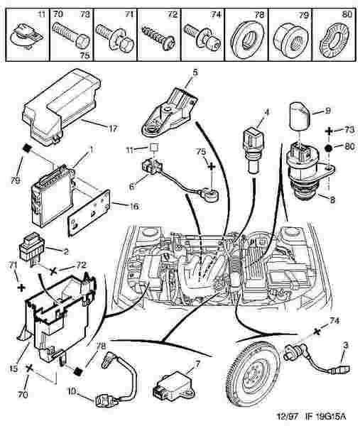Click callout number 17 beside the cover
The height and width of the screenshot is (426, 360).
click(x=113, y=128)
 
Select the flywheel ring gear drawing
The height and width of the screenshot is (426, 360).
click(x=253, y=373)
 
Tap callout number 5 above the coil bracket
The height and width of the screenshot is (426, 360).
click(x=195, y=72)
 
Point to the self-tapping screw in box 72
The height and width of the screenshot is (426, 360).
click(x=158, y=38)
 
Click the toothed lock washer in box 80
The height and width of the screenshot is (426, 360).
click(x=335, y=39)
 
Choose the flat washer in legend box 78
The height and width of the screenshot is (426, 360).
click(x=246, y=39)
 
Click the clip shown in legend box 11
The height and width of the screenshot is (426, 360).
click(x=26, y=35)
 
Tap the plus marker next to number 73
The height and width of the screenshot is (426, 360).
click(x=329, y=131)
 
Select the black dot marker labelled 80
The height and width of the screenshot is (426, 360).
click(x=329, y=148)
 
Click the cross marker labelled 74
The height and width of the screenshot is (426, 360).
click(x=316, y=332)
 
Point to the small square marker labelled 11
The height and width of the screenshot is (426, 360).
click(x=154, y=147)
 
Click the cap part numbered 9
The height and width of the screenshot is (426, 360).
click(x=300, y=116)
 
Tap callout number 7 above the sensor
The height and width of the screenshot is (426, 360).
click(x=197, y=364)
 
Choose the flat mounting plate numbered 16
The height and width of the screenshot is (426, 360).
click(x=89, y=213)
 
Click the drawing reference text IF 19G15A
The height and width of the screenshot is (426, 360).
click(x=326, y=416)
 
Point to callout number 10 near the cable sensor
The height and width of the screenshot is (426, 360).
click(x=72, y=391)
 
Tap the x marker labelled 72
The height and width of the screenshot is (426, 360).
click(x=54, y=271)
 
